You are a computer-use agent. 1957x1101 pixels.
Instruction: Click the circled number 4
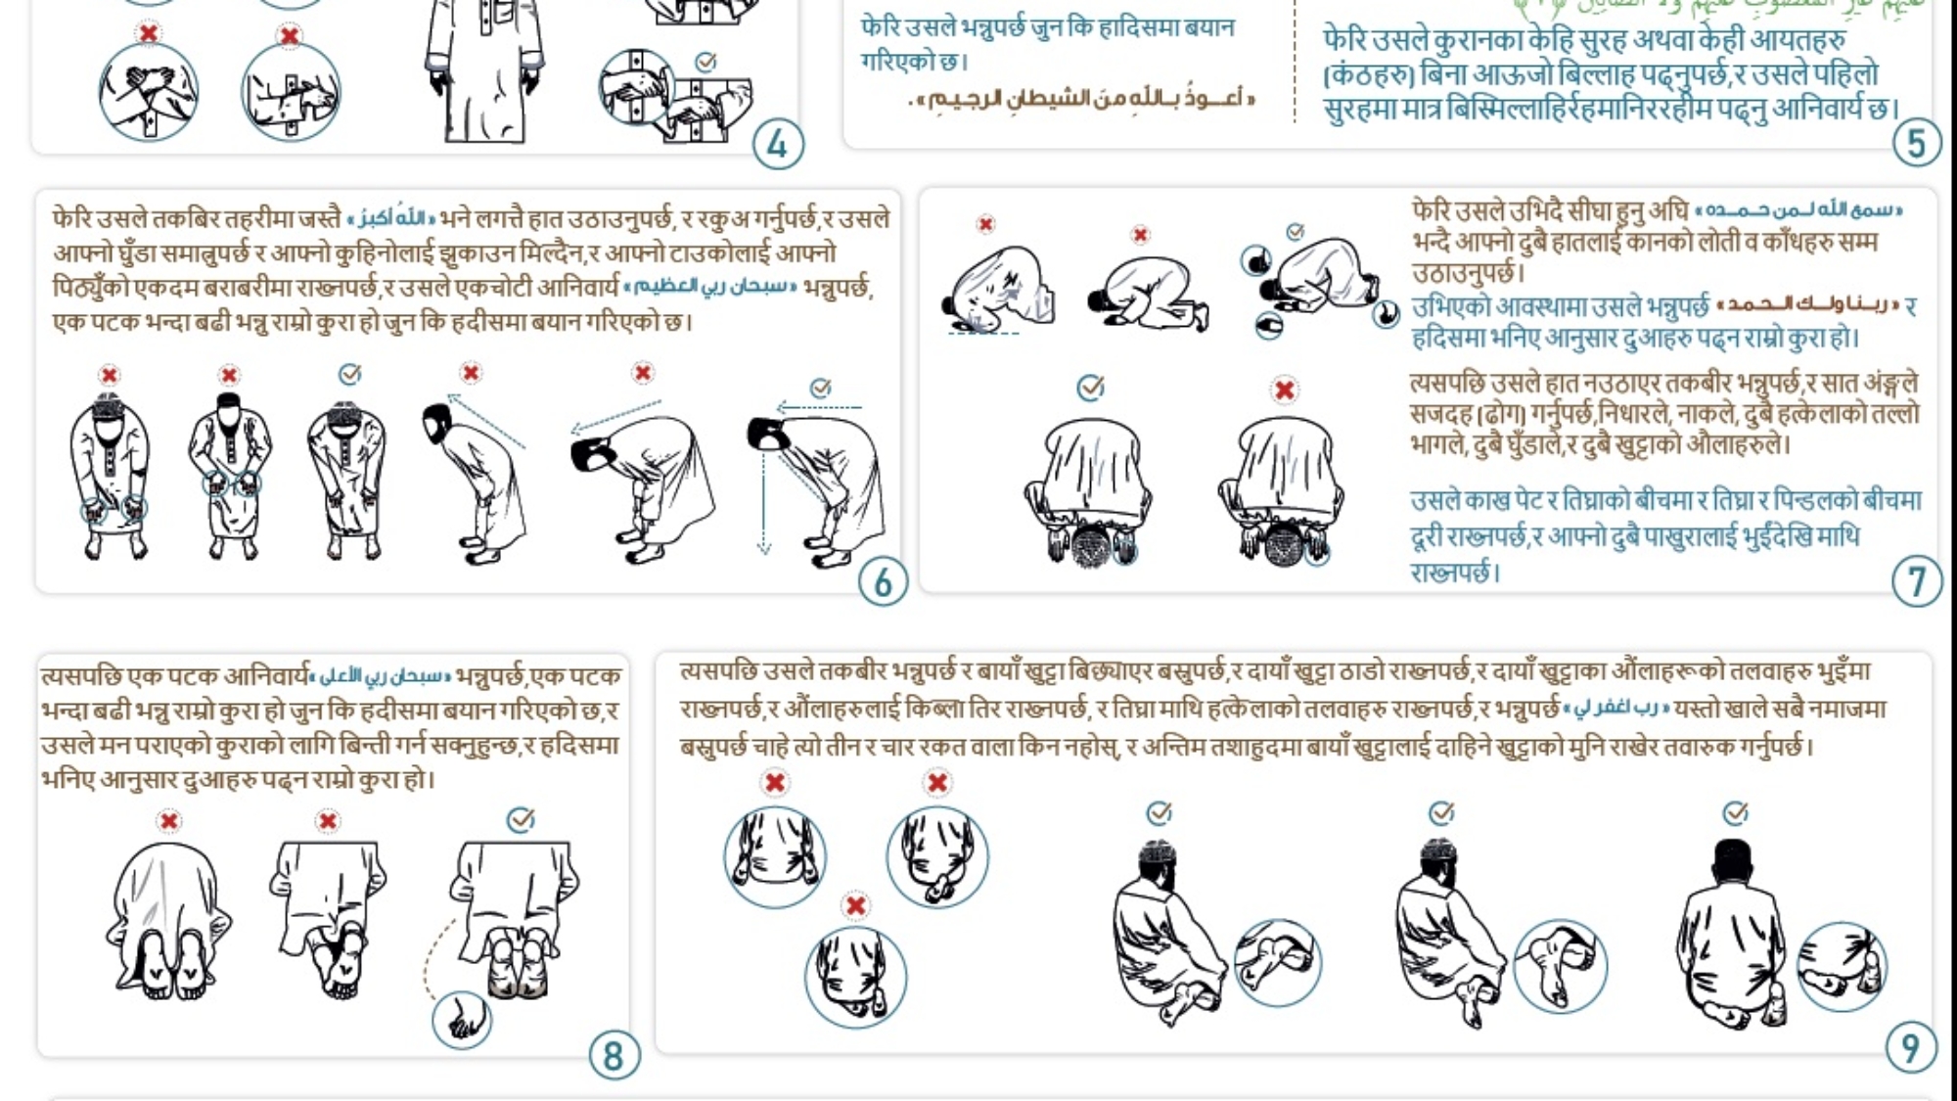(778, 145)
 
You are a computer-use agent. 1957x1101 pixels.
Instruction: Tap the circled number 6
(883, 582)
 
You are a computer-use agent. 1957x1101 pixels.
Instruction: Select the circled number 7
(1916, 582)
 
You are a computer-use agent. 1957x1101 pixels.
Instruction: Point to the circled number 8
(614, 1056)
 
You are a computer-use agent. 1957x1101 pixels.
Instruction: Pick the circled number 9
(1909, 1048)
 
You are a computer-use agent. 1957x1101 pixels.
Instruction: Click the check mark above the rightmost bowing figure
(821, 388)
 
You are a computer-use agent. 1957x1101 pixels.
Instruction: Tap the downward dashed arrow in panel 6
(763, 489)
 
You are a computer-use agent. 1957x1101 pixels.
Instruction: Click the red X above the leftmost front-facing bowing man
(110, 375)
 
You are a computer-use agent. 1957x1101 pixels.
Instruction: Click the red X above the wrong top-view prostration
(1284, 390)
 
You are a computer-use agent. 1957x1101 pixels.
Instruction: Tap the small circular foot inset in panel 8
(462, 1021)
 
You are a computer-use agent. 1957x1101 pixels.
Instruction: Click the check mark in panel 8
(521, 818)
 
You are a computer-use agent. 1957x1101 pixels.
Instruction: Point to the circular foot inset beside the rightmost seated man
(1842, 966)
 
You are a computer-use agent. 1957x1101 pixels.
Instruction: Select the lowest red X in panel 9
(855, 905)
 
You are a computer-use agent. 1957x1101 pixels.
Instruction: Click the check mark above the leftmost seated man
(1159, 812)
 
